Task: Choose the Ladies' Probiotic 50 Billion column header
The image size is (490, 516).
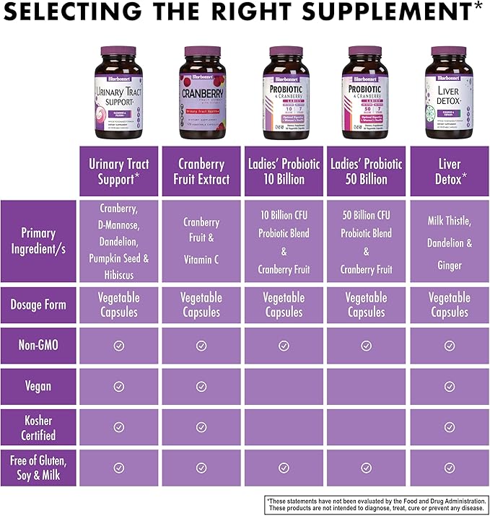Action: [366, 171]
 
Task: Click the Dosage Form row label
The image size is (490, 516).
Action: [38, 305]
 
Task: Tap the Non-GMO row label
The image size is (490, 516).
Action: [38, 345]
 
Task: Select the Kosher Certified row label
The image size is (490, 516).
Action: [38, 427]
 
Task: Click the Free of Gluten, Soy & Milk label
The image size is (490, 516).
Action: [38, 468]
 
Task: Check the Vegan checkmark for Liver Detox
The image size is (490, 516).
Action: [449, 386]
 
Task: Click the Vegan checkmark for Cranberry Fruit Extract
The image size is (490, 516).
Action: [201, 386]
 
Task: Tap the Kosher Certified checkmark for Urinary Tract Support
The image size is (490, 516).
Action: [118, 427]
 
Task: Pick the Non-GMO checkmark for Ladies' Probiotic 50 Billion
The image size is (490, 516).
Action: [366, 345]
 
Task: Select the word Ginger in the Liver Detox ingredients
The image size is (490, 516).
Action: [449, 266]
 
